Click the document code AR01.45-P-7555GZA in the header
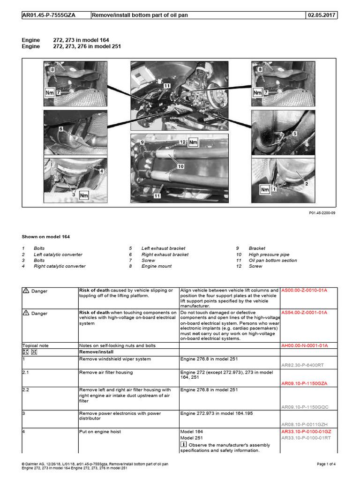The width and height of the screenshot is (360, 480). point(49,15)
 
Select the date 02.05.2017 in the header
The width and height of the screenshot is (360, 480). point(321,15)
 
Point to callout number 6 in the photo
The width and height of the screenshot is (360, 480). point(60,128)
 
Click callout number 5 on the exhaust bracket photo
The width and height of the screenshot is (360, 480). point(295,134)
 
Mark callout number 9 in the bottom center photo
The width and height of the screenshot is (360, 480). point(142,142)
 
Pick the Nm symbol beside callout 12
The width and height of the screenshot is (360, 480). point(194,142)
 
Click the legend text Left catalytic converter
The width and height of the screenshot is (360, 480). point(58,255)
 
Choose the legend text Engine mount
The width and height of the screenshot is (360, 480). point(157,266)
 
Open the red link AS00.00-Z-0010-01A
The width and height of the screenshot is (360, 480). point(304,291)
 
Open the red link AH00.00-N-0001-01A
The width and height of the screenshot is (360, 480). point(304,345)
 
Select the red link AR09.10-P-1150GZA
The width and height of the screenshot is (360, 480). point(304,383)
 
